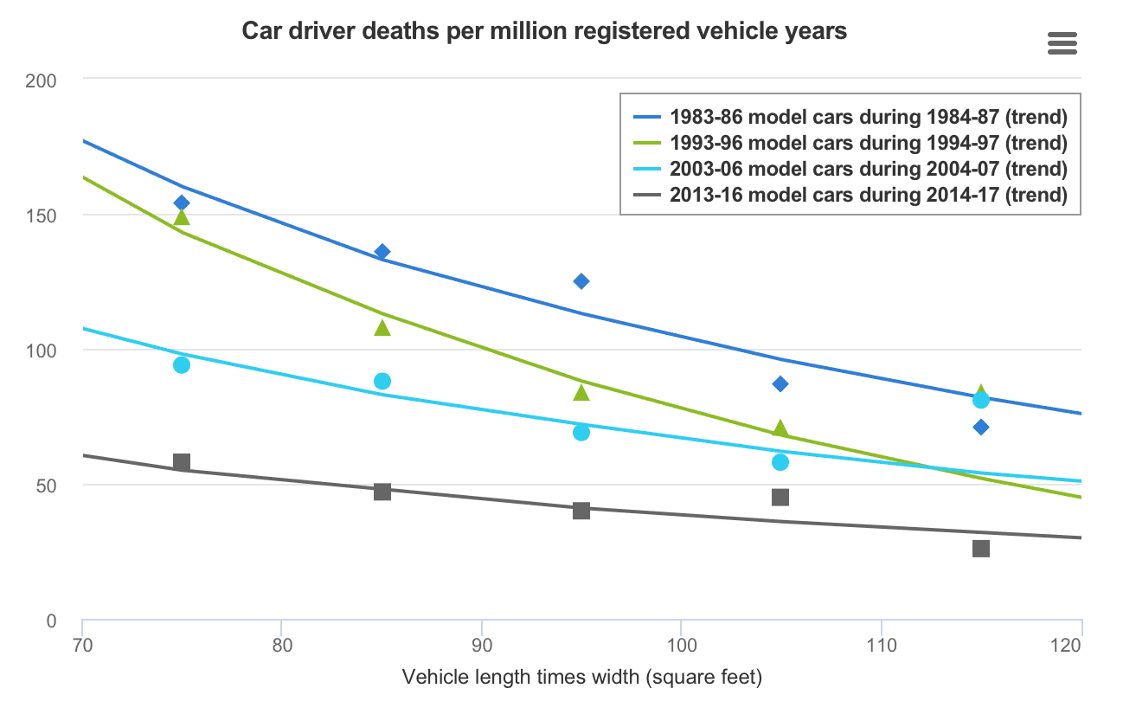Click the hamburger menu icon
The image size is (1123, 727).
[x=1062, y=43]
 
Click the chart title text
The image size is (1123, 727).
[x=544, y=31]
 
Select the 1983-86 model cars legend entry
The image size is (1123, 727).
[x=850, y=117]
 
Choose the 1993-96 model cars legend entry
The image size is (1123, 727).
[x=850, y=143]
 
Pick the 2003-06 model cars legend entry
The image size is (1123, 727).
[x=850, y=169]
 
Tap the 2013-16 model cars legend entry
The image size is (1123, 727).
[x=850, y=195]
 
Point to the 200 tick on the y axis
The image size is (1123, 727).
[x=41, y=80]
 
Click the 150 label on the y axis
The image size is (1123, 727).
[x=41, y=216]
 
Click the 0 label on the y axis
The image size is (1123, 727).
[x=51, y=621]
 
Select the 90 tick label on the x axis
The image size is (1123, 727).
[x=482, y=646]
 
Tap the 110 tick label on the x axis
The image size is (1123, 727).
[x=882, y=646]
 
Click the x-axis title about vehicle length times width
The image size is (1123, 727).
[x=582, y=678]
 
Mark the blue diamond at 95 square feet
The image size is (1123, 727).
[x=581, y=281]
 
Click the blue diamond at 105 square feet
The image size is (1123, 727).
[x=780, y=384]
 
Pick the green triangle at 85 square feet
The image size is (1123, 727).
[x=382, y=327]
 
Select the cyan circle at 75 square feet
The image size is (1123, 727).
[x=182, y=365]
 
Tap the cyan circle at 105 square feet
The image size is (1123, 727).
[x=780, y=462]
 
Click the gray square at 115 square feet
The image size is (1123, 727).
[x=981, y=549]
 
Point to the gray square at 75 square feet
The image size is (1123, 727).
[x=182, y=462]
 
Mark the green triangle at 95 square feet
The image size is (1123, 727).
[x=581, y=393]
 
